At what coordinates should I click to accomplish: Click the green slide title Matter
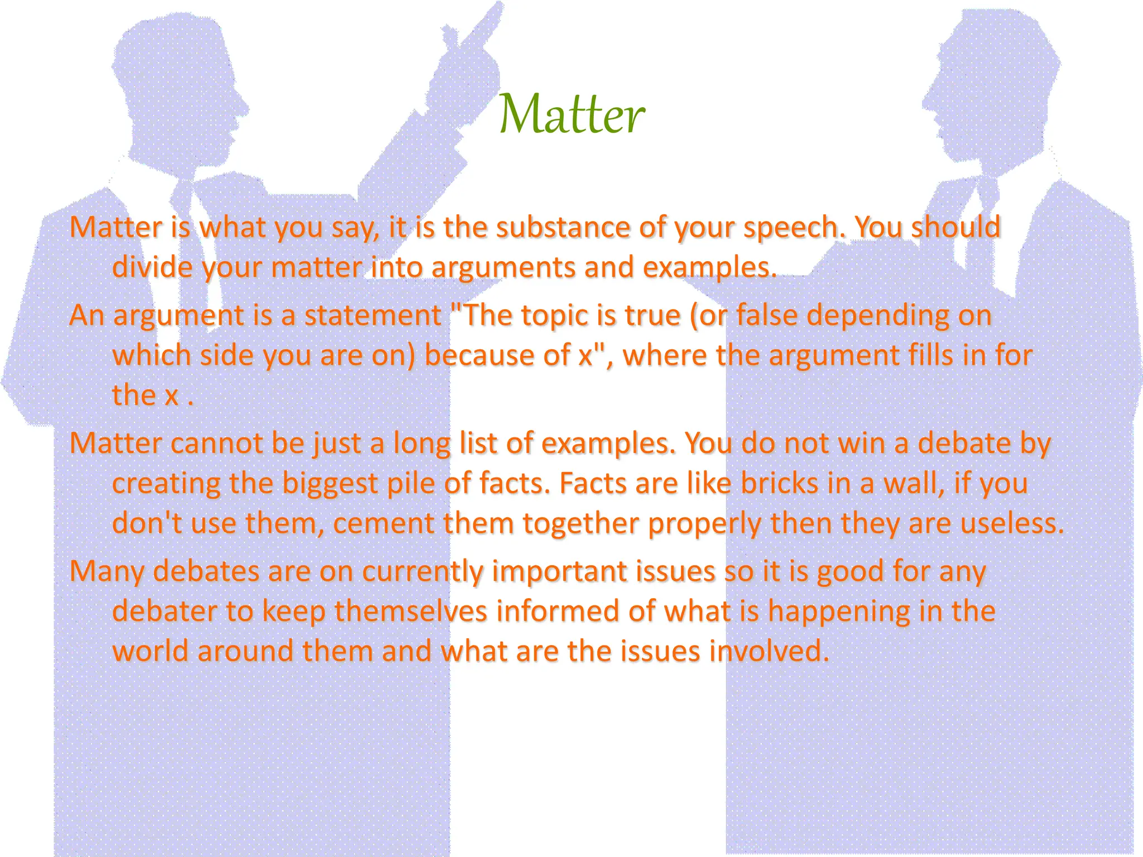[571, 114]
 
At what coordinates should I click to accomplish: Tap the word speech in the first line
[795, 228]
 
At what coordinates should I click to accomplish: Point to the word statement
[372, 315]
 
